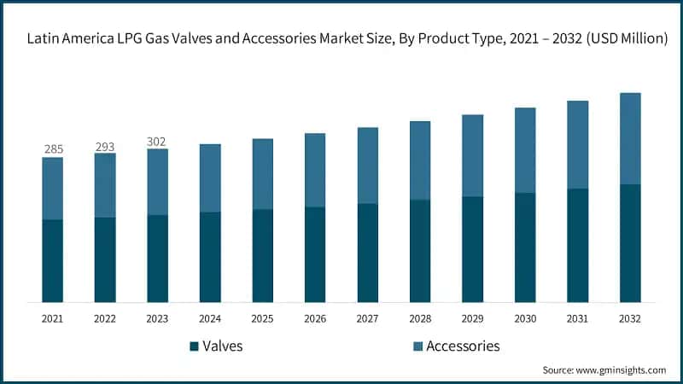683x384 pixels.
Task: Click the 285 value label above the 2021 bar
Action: (53, 149)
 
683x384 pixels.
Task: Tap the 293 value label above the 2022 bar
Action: (105, 147)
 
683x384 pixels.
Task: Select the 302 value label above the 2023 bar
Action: (157, 142)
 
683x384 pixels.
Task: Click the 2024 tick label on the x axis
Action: (210, 318)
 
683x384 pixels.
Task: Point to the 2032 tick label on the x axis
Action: (629, 318)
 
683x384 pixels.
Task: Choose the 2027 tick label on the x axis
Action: (367, 318)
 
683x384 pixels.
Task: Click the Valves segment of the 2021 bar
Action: (53, 260)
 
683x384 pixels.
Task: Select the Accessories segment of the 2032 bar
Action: (629, 138)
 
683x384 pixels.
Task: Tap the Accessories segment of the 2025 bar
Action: (262, 174)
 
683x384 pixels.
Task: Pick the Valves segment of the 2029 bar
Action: (472, 249)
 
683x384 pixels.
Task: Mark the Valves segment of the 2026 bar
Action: (315, 254)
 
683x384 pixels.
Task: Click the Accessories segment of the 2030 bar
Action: (524, 150)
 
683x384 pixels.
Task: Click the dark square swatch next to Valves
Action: (195, 346)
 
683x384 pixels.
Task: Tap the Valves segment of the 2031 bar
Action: (577, 245)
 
